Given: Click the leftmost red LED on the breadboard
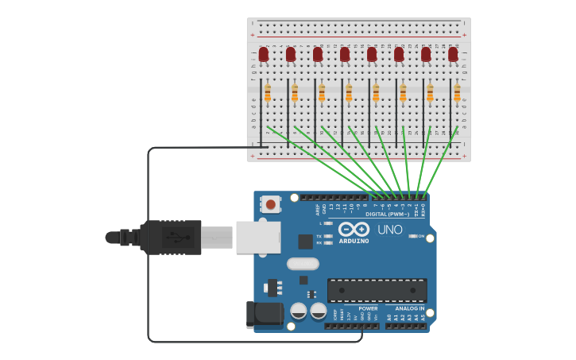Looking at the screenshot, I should (264, 54).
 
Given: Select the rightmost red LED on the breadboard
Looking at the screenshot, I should (453, 54).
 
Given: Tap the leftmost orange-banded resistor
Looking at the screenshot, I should (268, 94).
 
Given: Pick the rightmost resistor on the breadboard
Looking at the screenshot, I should (457, 94).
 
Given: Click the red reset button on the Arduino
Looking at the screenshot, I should (271, 204).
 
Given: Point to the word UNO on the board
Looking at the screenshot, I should (389, 230).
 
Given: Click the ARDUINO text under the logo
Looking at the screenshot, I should (354, 240).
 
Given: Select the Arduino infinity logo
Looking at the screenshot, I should (354, 229).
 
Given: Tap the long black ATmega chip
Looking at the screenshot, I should (377, 290).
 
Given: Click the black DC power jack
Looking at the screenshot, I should (264, 315).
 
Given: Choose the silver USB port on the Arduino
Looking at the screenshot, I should (258, 238).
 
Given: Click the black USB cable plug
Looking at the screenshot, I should (171, 237).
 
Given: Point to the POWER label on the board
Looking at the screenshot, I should (368, 308).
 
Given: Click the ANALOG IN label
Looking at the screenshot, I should (410, 308).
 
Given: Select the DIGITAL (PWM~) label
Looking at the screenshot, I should (388, 214).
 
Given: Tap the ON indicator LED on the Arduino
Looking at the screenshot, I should (413, 236).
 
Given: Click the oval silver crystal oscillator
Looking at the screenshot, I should (303, 264).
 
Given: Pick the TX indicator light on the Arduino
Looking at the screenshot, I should (328, 236).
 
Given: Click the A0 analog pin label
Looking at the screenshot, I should (389, 317).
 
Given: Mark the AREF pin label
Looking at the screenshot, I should (317, 210).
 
